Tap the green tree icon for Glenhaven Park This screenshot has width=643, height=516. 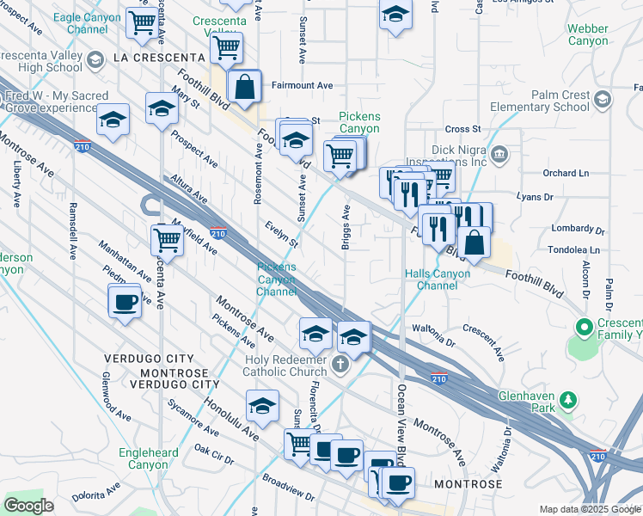(x=567, y=400)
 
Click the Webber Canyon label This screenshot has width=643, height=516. (x=588, y=34)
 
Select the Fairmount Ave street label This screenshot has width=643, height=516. (x=302, y=86)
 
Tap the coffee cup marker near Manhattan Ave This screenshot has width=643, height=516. (x=126, y=302)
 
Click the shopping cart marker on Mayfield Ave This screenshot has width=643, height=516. (x=166, y=241)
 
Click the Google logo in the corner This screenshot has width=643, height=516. (x=28, y=506)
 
